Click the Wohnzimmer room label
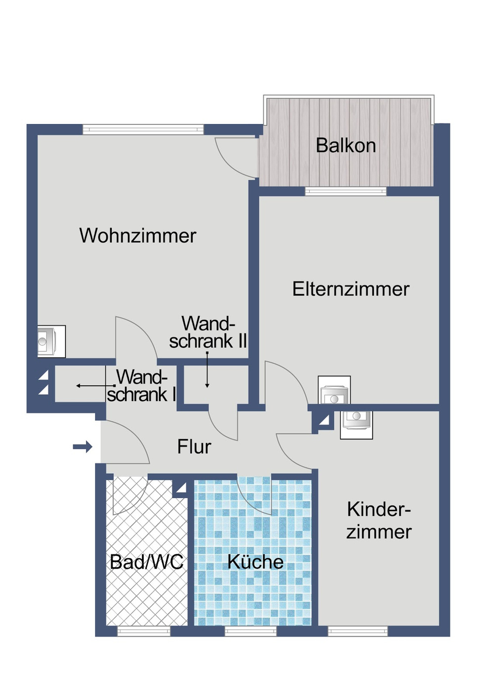[x=137, y=236]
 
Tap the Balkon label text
[x=346, y=146]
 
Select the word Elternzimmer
[x=351, y=289]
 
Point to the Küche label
[x=255, y=562]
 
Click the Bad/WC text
[x=146, y=562]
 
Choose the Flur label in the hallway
[x=194, y=447]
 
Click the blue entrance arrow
[x=82, y=447]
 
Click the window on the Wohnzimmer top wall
[x=143, y=129]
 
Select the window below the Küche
[x=250, y=631]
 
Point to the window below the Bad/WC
[x=143, y=631]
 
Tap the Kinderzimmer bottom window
[x=358, y=631]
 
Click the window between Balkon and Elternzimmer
[x=346, y=192]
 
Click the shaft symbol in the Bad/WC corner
[x=180, y=488]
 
